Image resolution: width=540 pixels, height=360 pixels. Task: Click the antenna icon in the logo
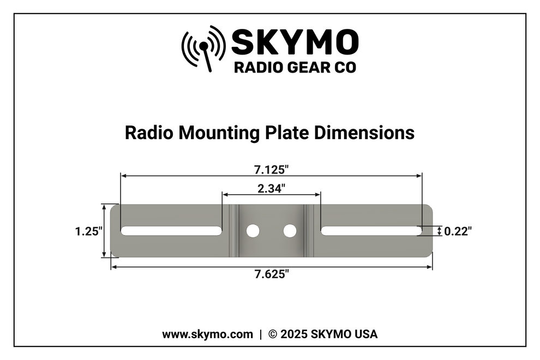(x=203, y=48)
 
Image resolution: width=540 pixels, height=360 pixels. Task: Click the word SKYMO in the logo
(x=295, y=42)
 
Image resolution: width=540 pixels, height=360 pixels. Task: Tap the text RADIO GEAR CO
(x=295, y=68)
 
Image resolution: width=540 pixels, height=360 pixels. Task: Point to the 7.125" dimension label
(x=271, y=169)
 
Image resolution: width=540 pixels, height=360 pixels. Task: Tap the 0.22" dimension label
(x=458, y=231)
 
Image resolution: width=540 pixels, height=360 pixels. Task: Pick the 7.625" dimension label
(x=271, y=274)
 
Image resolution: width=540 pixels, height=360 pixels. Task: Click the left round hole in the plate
(x=253, y=231)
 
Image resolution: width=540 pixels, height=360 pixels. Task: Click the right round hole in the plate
(x=290, y=231)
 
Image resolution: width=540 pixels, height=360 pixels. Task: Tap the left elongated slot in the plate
(x=171, y=231)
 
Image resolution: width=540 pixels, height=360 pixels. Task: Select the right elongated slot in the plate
(x=371, y=231)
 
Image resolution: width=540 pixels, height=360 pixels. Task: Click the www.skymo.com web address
(x=207, y=334)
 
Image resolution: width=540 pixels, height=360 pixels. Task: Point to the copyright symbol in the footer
(x=273, y=334)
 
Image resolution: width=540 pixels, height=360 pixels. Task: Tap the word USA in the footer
(x=366, y=334)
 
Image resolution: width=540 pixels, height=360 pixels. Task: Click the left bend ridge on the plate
(x=234, y=231)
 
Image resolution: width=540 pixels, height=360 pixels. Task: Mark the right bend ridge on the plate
(x=308, y=231)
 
